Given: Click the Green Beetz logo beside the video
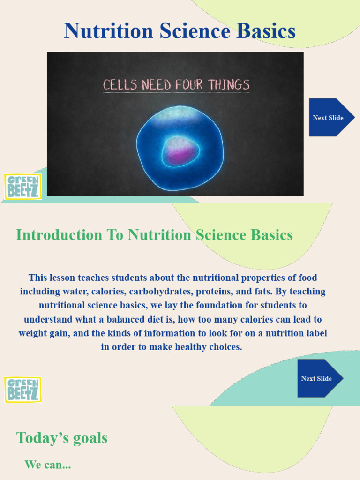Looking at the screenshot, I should point(22,186).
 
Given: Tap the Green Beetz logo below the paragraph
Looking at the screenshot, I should point(22,390).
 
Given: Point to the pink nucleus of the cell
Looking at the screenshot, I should point(180,154).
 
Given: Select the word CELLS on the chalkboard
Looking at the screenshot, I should point(120,85).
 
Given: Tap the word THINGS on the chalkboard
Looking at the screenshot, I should point(229,85).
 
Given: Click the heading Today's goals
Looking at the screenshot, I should point(62,438).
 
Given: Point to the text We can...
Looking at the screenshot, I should point(47,465).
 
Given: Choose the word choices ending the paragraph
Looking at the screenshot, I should point(224,348).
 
